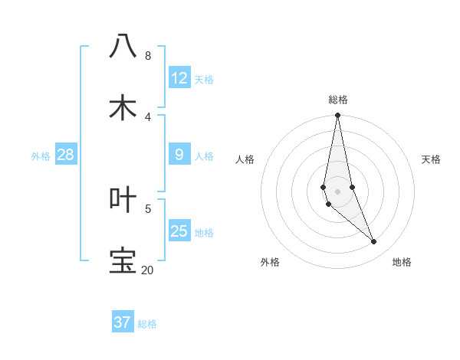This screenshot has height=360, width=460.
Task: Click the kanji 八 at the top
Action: (x=123, y=46)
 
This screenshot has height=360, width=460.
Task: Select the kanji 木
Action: (x=123, y=107)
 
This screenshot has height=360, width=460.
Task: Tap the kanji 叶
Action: (x=123, y=198)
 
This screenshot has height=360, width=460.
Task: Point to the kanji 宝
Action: (x=123, y=260)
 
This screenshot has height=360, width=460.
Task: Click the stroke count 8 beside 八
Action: (x=147, y=56)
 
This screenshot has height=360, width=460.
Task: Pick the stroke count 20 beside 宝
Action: (x=147, y=270)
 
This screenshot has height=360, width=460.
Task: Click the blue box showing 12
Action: (x=179, y=78)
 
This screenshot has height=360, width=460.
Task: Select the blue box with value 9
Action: (x=179, y=155)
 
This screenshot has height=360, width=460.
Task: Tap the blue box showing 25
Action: (x=179, y=231)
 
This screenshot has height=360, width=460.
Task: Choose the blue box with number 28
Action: (x=66, y=155)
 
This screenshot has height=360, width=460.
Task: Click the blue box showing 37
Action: (x=123, y=322)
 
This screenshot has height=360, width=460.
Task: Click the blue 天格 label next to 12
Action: (x=204, y=80)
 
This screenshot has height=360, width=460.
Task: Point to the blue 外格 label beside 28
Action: (x=41, y=156)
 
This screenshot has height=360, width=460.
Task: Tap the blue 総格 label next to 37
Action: (x=147, y=324)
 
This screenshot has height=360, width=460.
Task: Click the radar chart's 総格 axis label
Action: (x=338, y=100)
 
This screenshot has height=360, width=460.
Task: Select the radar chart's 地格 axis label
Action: (x=402, y=262)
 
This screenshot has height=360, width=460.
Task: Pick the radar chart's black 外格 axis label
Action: (x=270, y=262)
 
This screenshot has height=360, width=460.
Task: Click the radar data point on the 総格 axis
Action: (x=337, y=116)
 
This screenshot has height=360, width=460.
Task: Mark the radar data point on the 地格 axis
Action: (x=374, y=242)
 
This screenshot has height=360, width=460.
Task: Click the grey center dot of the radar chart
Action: (x=337, y=191)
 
